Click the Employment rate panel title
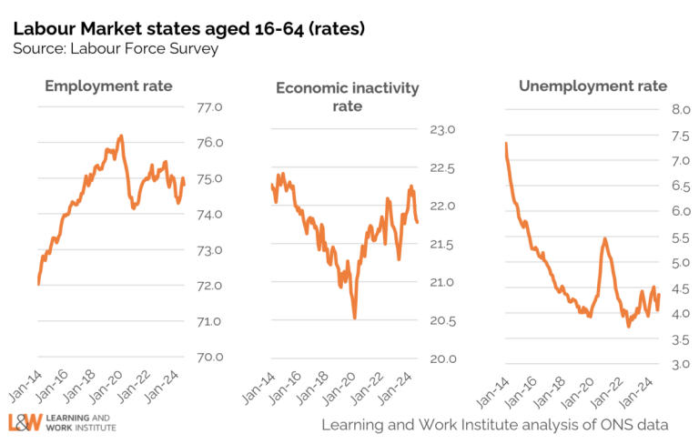pos(108,86)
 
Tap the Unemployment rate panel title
pos(593,86)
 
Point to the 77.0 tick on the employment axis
pos(210,107)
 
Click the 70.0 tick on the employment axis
pos(210,357)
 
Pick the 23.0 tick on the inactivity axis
pos(442,130)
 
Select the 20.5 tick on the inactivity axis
pos(442,320)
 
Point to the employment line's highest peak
pos(121,136)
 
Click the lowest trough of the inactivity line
pos(354,318)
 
